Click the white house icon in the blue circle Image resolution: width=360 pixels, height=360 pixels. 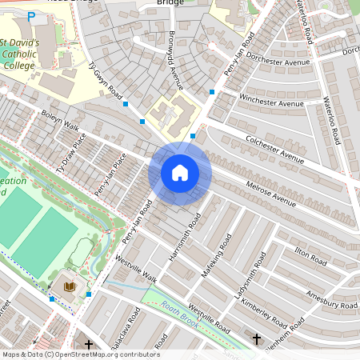coord(180,173)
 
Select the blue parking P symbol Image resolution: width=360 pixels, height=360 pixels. coord(31,16)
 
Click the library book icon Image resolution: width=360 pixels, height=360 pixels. coord(70,286)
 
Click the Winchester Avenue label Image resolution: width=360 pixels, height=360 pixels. coord(271,100)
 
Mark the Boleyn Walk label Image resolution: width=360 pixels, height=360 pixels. coord(60,121)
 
